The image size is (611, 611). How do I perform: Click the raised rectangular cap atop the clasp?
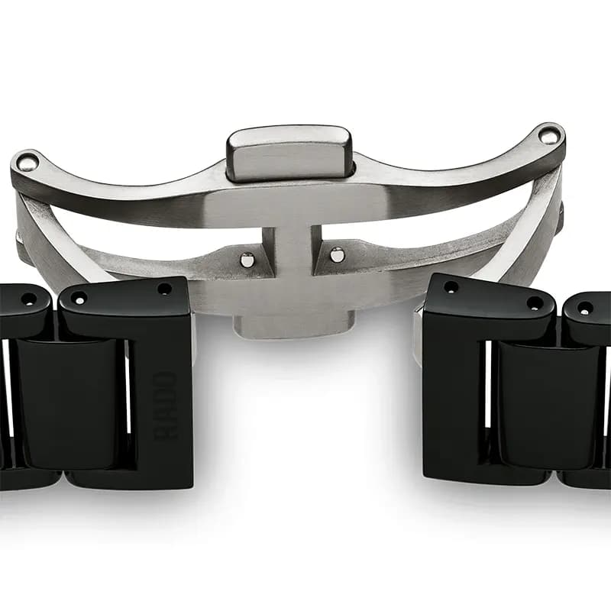click(x=289, y=154)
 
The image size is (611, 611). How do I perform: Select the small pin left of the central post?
click(x=247, y=259)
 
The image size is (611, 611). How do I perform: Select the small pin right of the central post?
click(x=337, y=254)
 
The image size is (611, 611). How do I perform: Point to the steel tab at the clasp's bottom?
click(x=294, y=327)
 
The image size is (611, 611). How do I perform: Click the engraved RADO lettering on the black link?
click(x=166, y=406)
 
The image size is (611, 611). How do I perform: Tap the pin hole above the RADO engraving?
click(x=164, y=289)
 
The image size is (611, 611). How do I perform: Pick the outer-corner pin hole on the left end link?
click(x=80, y=300)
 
